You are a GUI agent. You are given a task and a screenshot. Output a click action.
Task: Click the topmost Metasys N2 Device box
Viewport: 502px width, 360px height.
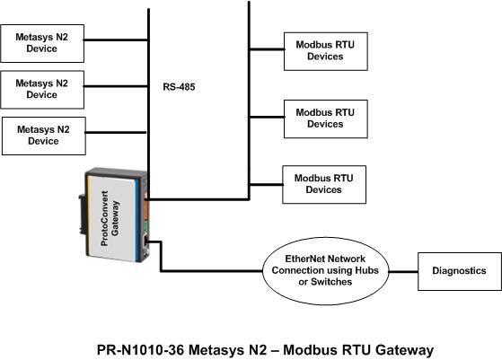(x=42, y=43)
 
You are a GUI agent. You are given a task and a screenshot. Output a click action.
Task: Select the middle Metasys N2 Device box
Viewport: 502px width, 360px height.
(x=42, y=90)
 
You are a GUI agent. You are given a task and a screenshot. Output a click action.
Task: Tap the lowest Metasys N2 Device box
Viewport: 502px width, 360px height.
(x=44, y=136)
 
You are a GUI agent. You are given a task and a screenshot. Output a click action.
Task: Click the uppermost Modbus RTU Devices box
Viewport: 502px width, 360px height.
(x=326, y=51)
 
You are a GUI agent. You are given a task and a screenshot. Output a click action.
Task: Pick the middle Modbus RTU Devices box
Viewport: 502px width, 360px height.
(x=326, y=119)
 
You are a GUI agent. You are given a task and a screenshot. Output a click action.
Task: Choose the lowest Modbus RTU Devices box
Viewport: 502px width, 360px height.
(x=324, y=184)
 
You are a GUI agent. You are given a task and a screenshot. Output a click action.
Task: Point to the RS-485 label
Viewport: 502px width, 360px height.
(x=179, y=87)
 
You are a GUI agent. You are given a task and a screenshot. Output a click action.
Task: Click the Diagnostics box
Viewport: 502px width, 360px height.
(x=460, y=271)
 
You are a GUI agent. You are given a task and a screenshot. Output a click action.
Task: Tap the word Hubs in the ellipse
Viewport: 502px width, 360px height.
(x=366, y=270)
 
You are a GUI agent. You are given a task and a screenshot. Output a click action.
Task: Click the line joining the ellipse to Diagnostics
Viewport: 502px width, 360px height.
(x=403, y=272)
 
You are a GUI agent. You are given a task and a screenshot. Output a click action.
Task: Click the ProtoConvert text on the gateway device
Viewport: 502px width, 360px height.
(x=104, y=218)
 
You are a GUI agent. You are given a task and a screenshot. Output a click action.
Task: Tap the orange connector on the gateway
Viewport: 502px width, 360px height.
(x=146, y=209)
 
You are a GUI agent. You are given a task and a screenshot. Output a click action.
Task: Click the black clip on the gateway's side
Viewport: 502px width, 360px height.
(x=83, y=215)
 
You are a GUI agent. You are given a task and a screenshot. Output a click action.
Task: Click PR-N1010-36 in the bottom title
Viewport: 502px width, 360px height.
(x=141, y=349)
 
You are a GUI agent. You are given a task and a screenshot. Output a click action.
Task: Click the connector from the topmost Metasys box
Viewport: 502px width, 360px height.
(x=116, y=40)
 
